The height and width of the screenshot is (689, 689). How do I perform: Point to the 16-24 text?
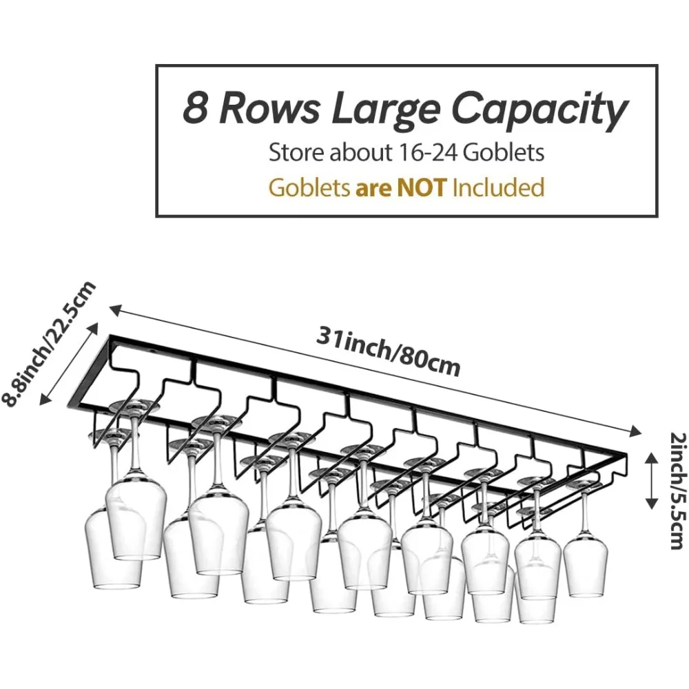[x=420, y=152]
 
